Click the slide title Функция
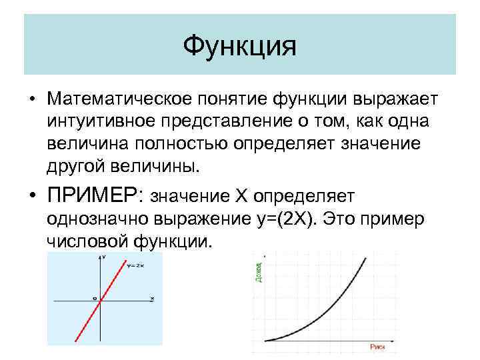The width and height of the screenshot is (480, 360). pos(239,46)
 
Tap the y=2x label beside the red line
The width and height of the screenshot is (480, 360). pos(135,265)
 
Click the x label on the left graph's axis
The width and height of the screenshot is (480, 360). pos(153,298)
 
